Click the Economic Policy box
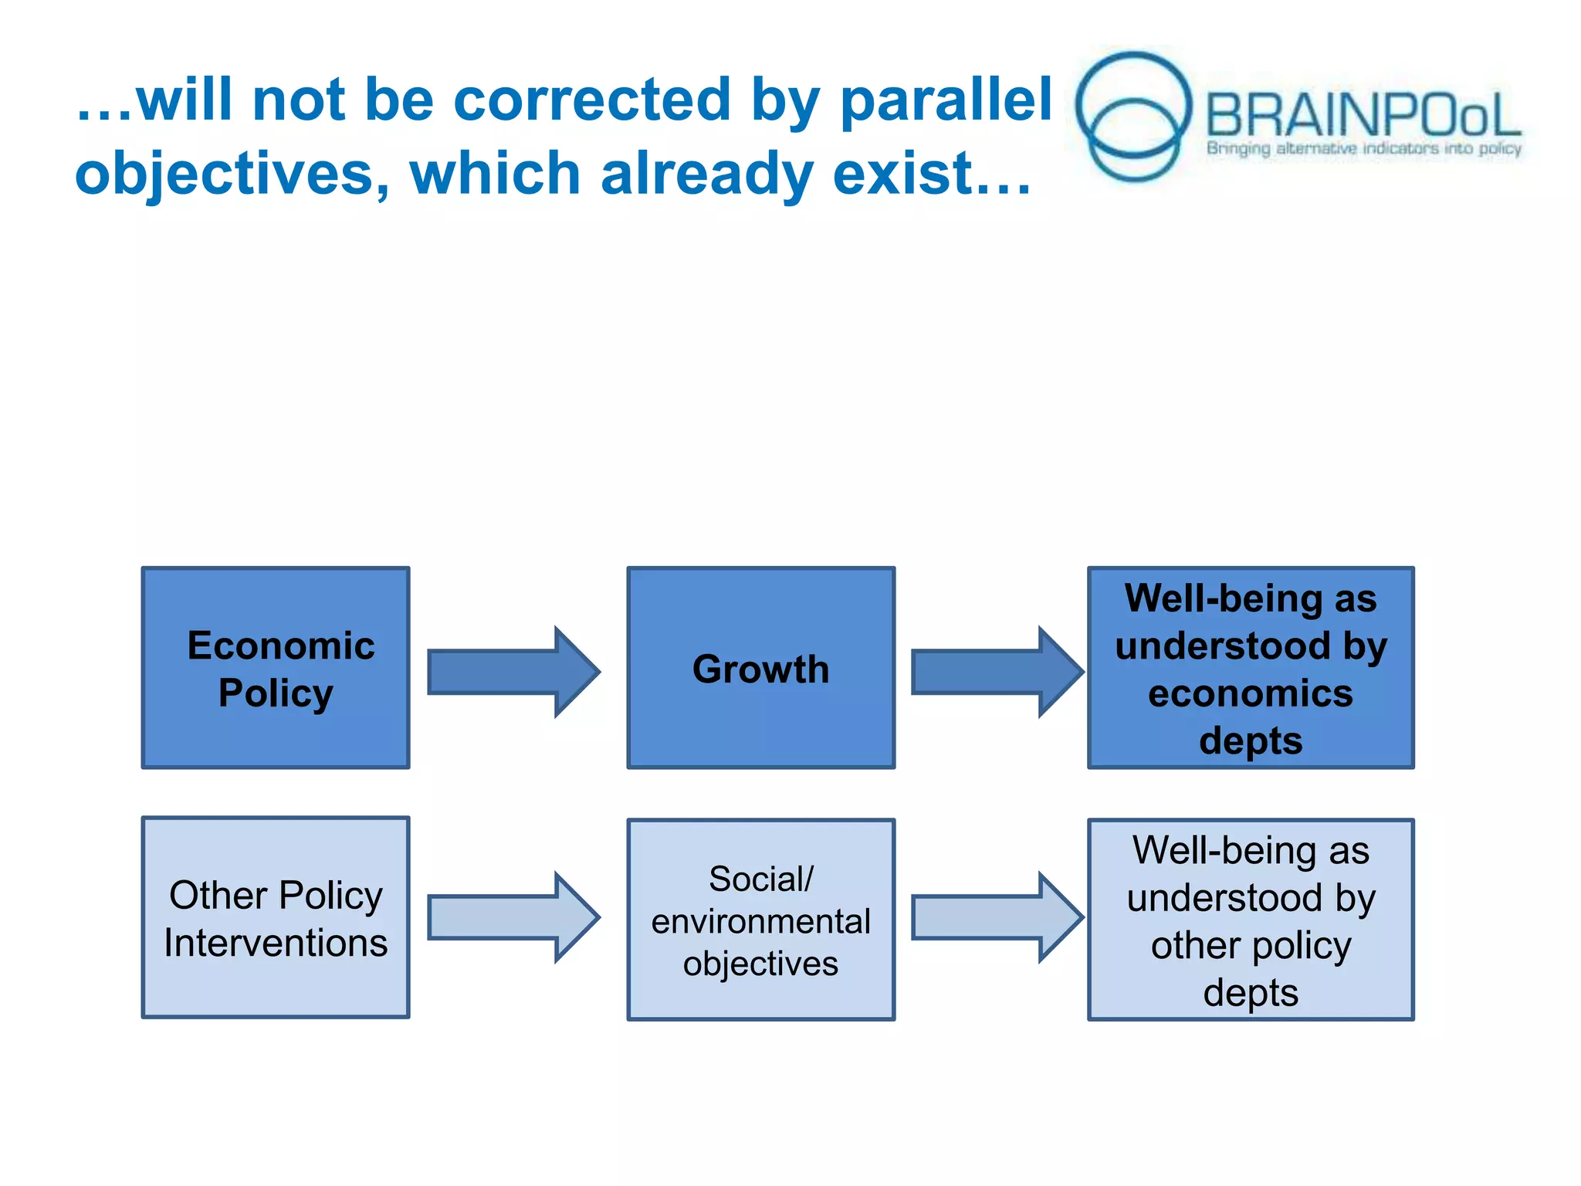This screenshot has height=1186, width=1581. (276, 668)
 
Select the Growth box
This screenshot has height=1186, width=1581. (760, 668)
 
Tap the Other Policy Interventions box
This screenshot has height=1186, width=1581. (276, 917)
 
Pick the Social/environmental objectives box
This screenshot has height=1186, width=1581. (760, 920)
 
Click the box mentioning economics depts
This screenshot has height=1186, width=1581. (1251, 668)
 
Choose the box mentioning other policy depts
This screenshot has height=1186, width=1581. (1251, 920)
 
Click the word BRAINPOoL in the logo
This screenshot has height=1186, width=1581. (1363, 116)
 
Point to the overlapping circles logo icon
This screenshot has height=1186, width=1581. (1132, 116)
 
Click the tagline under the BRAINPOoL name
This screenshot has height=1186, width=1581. (1363, 148)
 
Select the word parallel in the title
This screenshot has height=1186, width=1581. (946, 100)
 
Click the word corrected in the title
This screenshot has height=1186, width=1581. (591, 100)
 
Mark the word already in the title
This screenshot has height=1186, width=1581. (706, 175)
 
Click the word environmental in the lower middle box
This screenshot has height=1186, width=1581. (760, 921)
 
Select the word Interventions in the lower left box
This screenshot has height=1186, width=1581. (276, 943)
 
